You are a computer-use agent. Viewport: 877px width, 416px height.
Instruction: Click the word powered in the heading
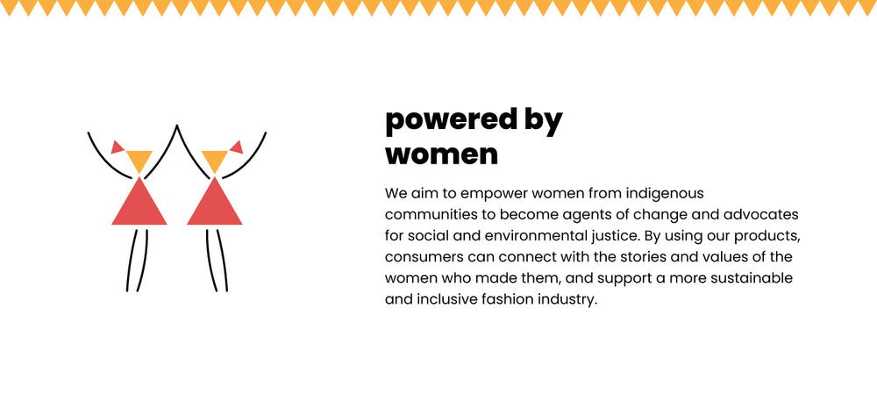tap(452, 121)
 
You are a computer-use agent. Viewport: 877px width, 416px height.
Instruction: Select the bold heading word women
tap(441, 154)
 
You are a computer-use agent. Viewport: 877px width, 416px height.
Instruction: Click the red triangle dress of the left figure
tap(139, 202)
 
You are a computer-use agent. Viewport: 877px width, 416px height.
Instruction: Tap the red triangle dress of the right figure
tap(214, 202)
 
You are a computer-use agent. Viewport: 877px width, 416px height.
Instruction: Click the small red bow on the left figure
tap(118, 147)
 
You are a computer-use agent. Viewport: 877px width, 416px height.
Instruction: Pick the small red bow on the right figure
tap(236, 147)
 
